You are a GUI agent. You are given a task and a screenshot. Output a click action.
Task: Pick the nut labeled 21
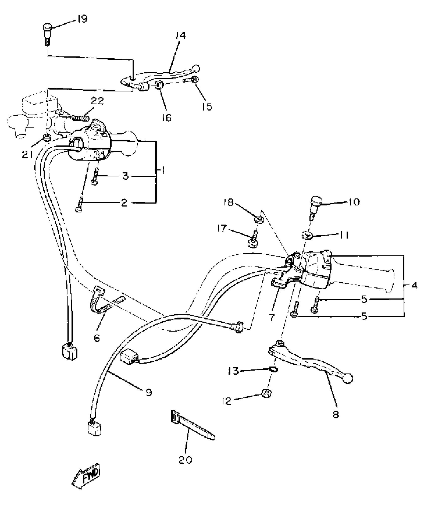pos(47,137)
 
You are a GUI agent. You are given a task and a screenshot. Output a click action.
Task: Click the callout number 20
pos(185,460)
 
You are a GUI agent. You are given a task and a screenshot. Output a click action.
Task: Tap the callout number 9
pos(149,392)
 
